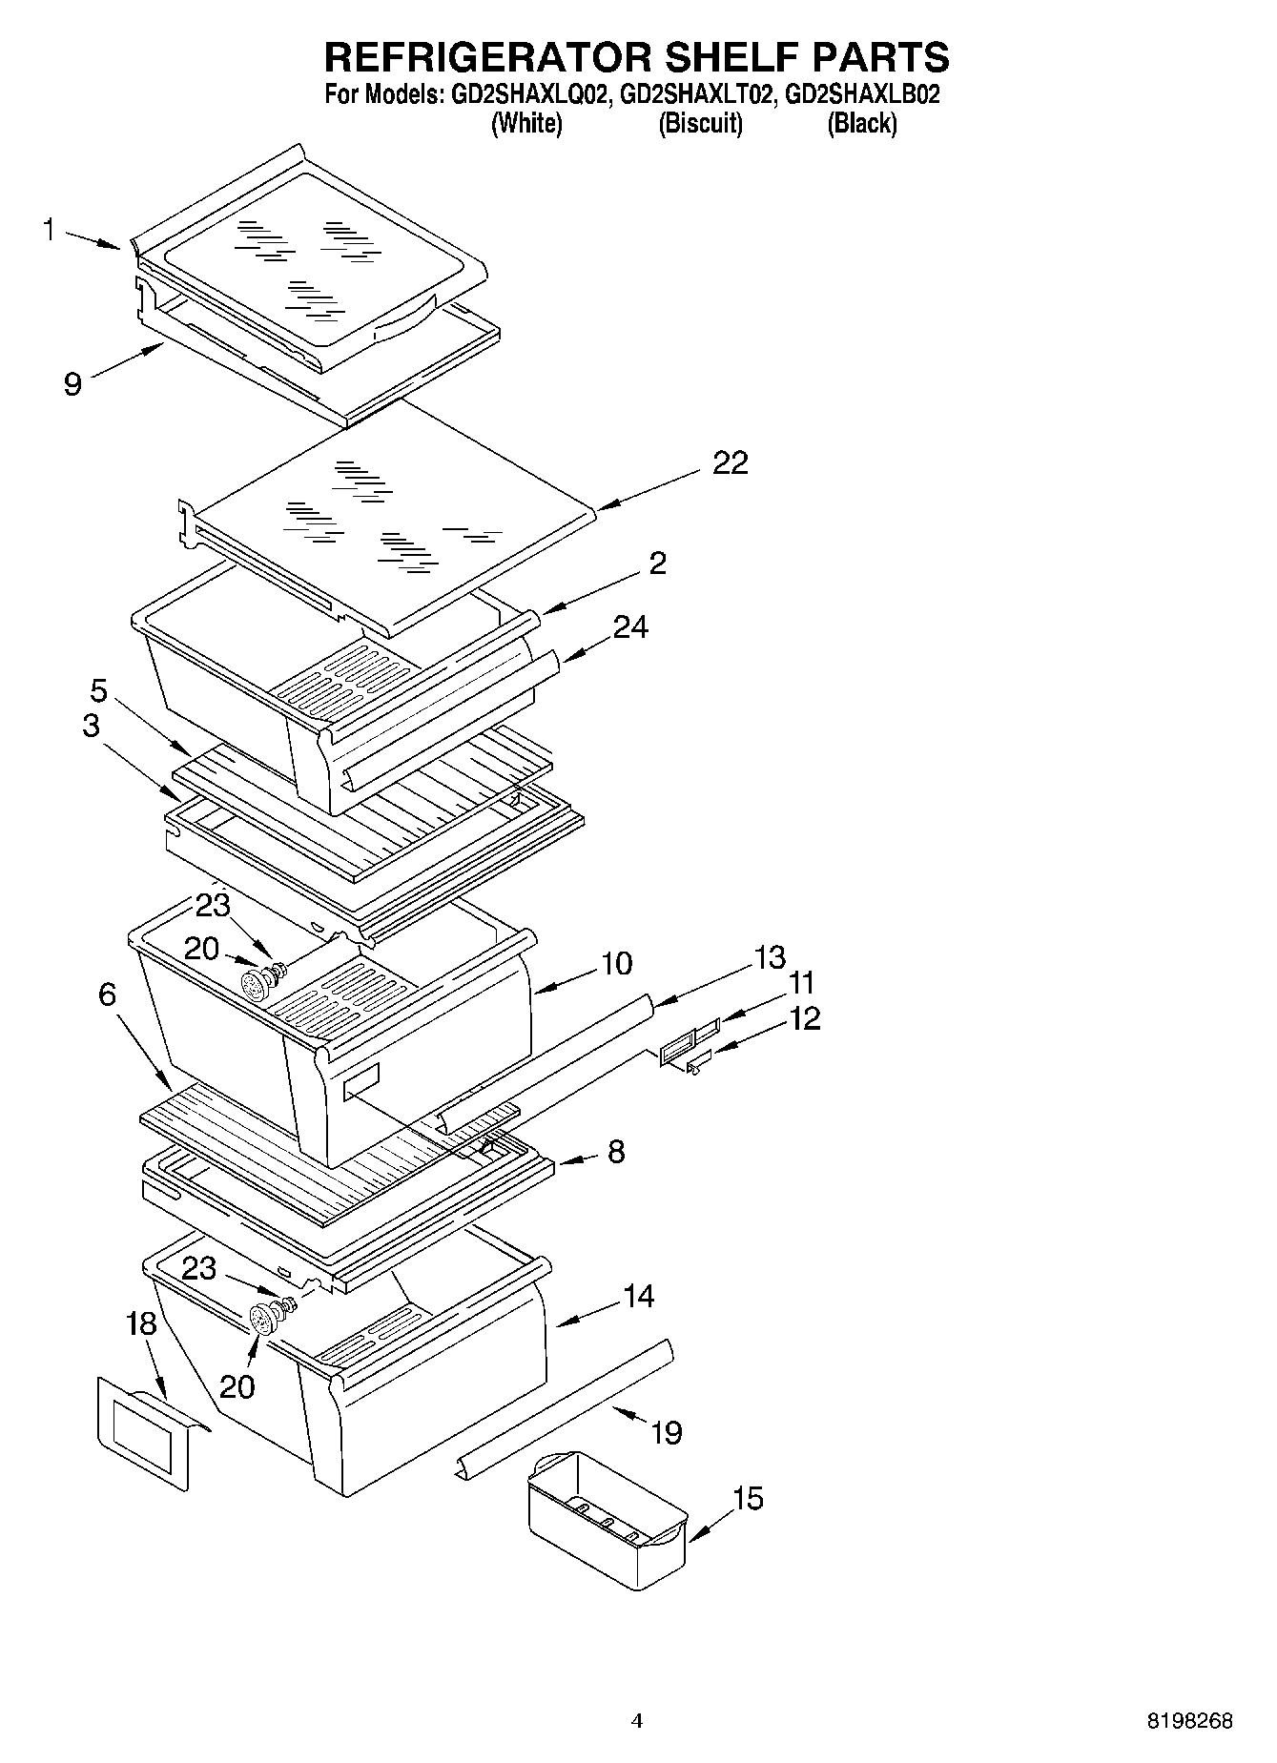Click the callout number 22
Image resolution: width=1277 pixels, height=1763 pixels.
pyautogui.click(x=731, y=463)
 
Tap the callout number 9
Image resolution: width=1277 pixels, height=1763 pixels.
pyautogui.click(x=72, y=384)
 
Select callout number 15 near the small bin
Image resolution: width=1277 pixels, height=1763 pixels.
pyautogui.click(x=748, y=1498)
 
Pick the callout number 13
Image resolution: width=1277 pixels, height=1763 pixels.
pyautogui.click(x=769, y=956)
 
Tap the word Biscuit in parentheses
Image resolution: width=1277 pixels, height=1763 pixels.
pyautogui.click(x=700, y=123)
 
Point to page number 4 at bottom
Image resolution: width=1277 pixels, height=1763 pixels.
pyautogui.click(x=637, y=1721)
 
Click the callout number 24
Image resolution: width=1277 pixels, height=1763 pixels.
pyautogui.click(x=630, y=626)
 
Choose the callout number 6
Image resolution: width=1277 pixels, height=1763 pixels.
pyautogui.click(x=107, y=994)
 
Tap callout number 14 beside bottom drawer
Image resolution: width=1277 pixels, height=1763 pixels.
pyautogui.click(x=638, y=1296)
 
